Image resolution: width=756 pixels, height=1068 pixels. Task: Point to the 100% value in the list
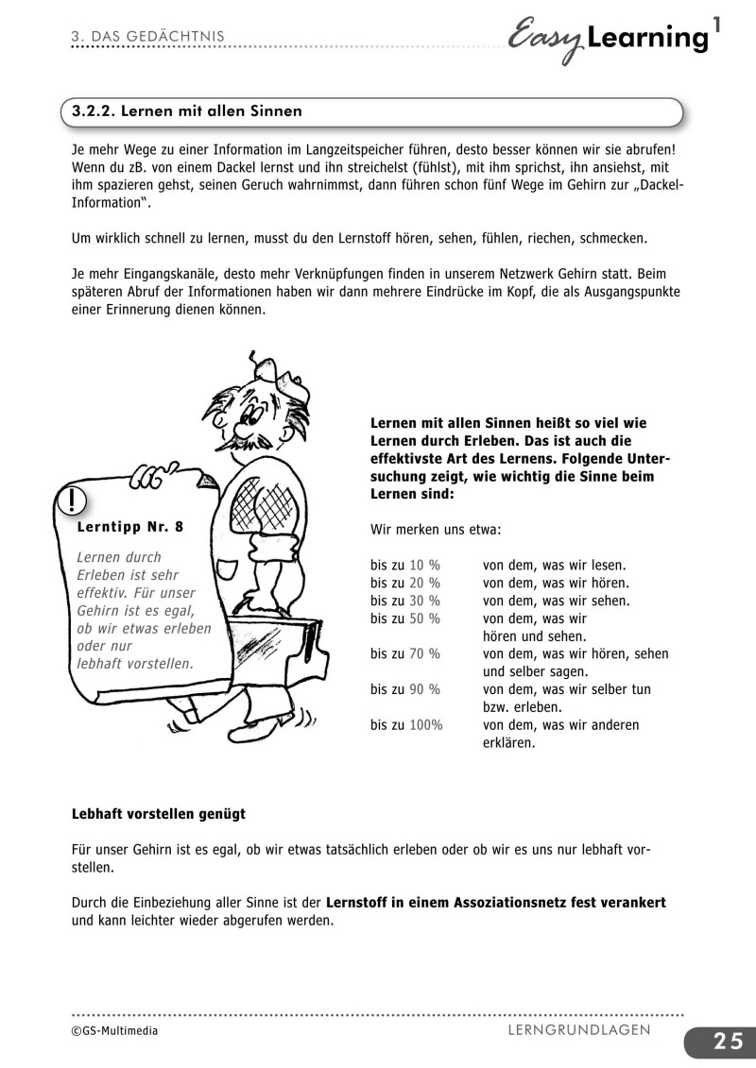click(x=426, y=725)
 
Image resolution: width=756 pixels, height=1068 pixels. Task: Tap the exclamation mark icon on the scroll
click(x=72, y=499)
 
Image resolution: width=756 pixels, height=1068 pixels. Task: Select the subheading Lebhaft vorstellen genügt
click(x=158, y=813)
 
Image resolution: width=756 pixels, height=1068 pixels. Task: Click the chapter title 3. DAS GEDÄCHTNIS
click(x=146, y=36)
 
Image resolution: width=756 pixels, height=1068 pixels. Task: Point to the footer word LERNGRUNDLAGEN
click(x=578, y=1029)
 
